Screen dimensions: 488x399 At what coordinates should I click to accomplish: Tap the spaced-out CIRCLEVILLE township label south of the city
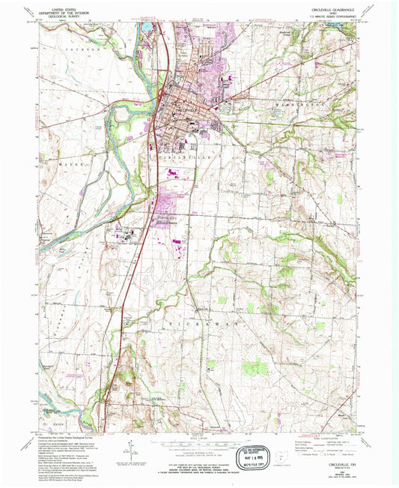click(x=183, y=160)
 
